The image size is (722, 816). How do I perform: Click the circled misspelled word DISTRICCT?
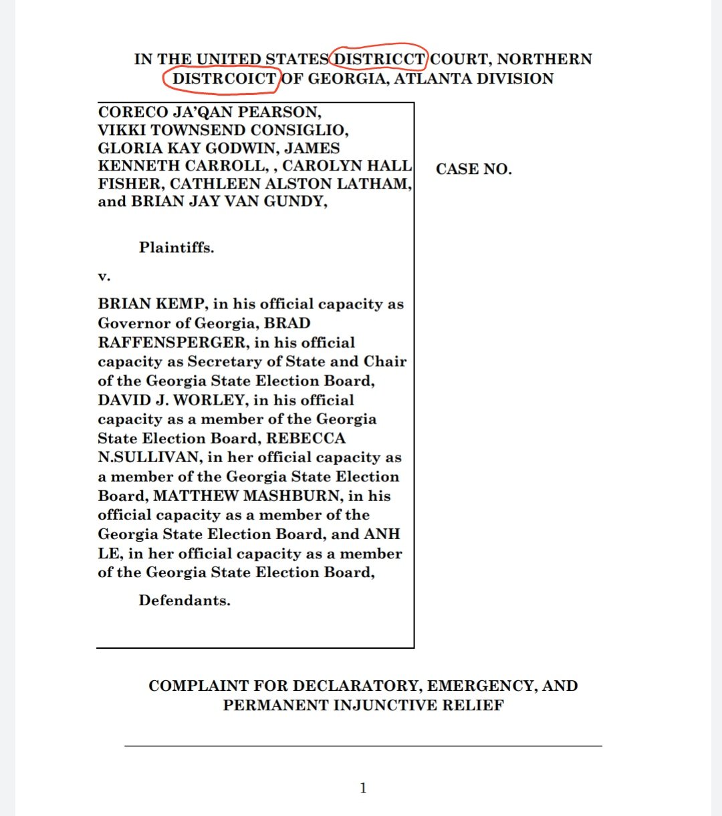[x=379, y=60]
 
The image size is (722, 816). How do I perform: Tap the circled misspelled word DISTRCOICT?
[x=224, y=79]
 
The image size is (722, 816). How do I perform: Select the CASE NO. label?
[x=474, y=169]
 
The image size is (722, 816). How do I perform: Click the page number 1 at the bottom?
[x=363, y=788]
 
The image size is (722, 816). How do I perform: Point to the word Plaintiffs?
[x=176, y=247]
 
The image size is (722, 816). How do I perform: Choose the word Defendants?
[x=185, y=601]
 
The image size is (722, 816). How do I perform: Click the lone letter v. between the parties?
[x=104, y=276]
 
